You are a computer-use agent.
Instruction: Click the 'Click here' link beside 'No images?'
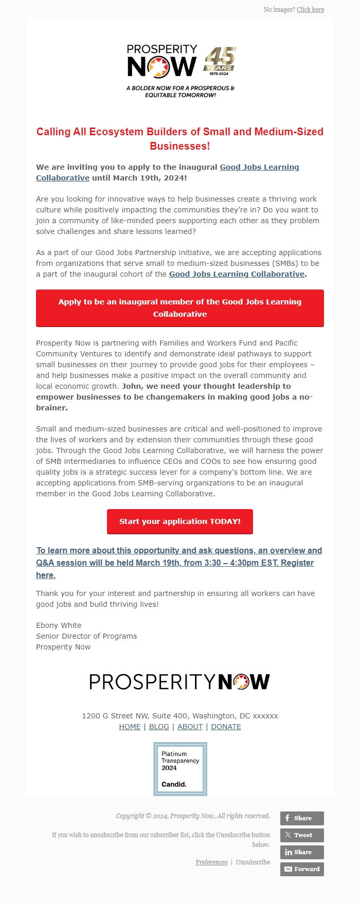(x=310, y=10)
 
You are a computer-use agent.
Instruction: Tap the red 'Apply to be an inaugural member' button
(x=180, y=308)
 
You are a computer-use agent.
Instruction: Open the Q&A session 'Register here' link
(x=179, y=563)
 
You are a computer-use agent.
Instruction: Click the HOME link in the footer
(x=130, y=727)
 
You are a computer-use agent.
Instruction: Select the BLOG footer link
(x=159, y=727)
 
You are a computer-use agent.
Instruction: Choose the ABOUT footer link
(x=190, y=727)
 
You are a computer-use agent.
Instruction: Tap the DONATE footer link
(x=226, y=727)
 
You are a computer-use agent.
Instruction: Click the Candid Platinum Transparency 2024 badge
(x=180, y=769)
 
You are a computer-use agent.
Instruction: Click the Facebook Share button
(x=302, y=818)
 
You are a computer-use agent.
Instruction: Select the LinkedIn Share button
(x=302, y=852)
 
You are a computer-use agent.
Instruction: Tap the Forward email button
(x=302, y=869)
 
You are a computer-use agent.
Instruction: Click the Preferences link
(x=211, y=862)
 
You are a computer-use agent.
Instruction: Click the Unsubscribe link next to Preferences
(x=253, y=862)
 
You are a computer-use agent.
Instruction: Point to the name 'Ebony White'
(x=59, y=625)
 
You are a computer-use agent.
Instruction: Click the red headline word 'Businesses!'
(x=180, y=146)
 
